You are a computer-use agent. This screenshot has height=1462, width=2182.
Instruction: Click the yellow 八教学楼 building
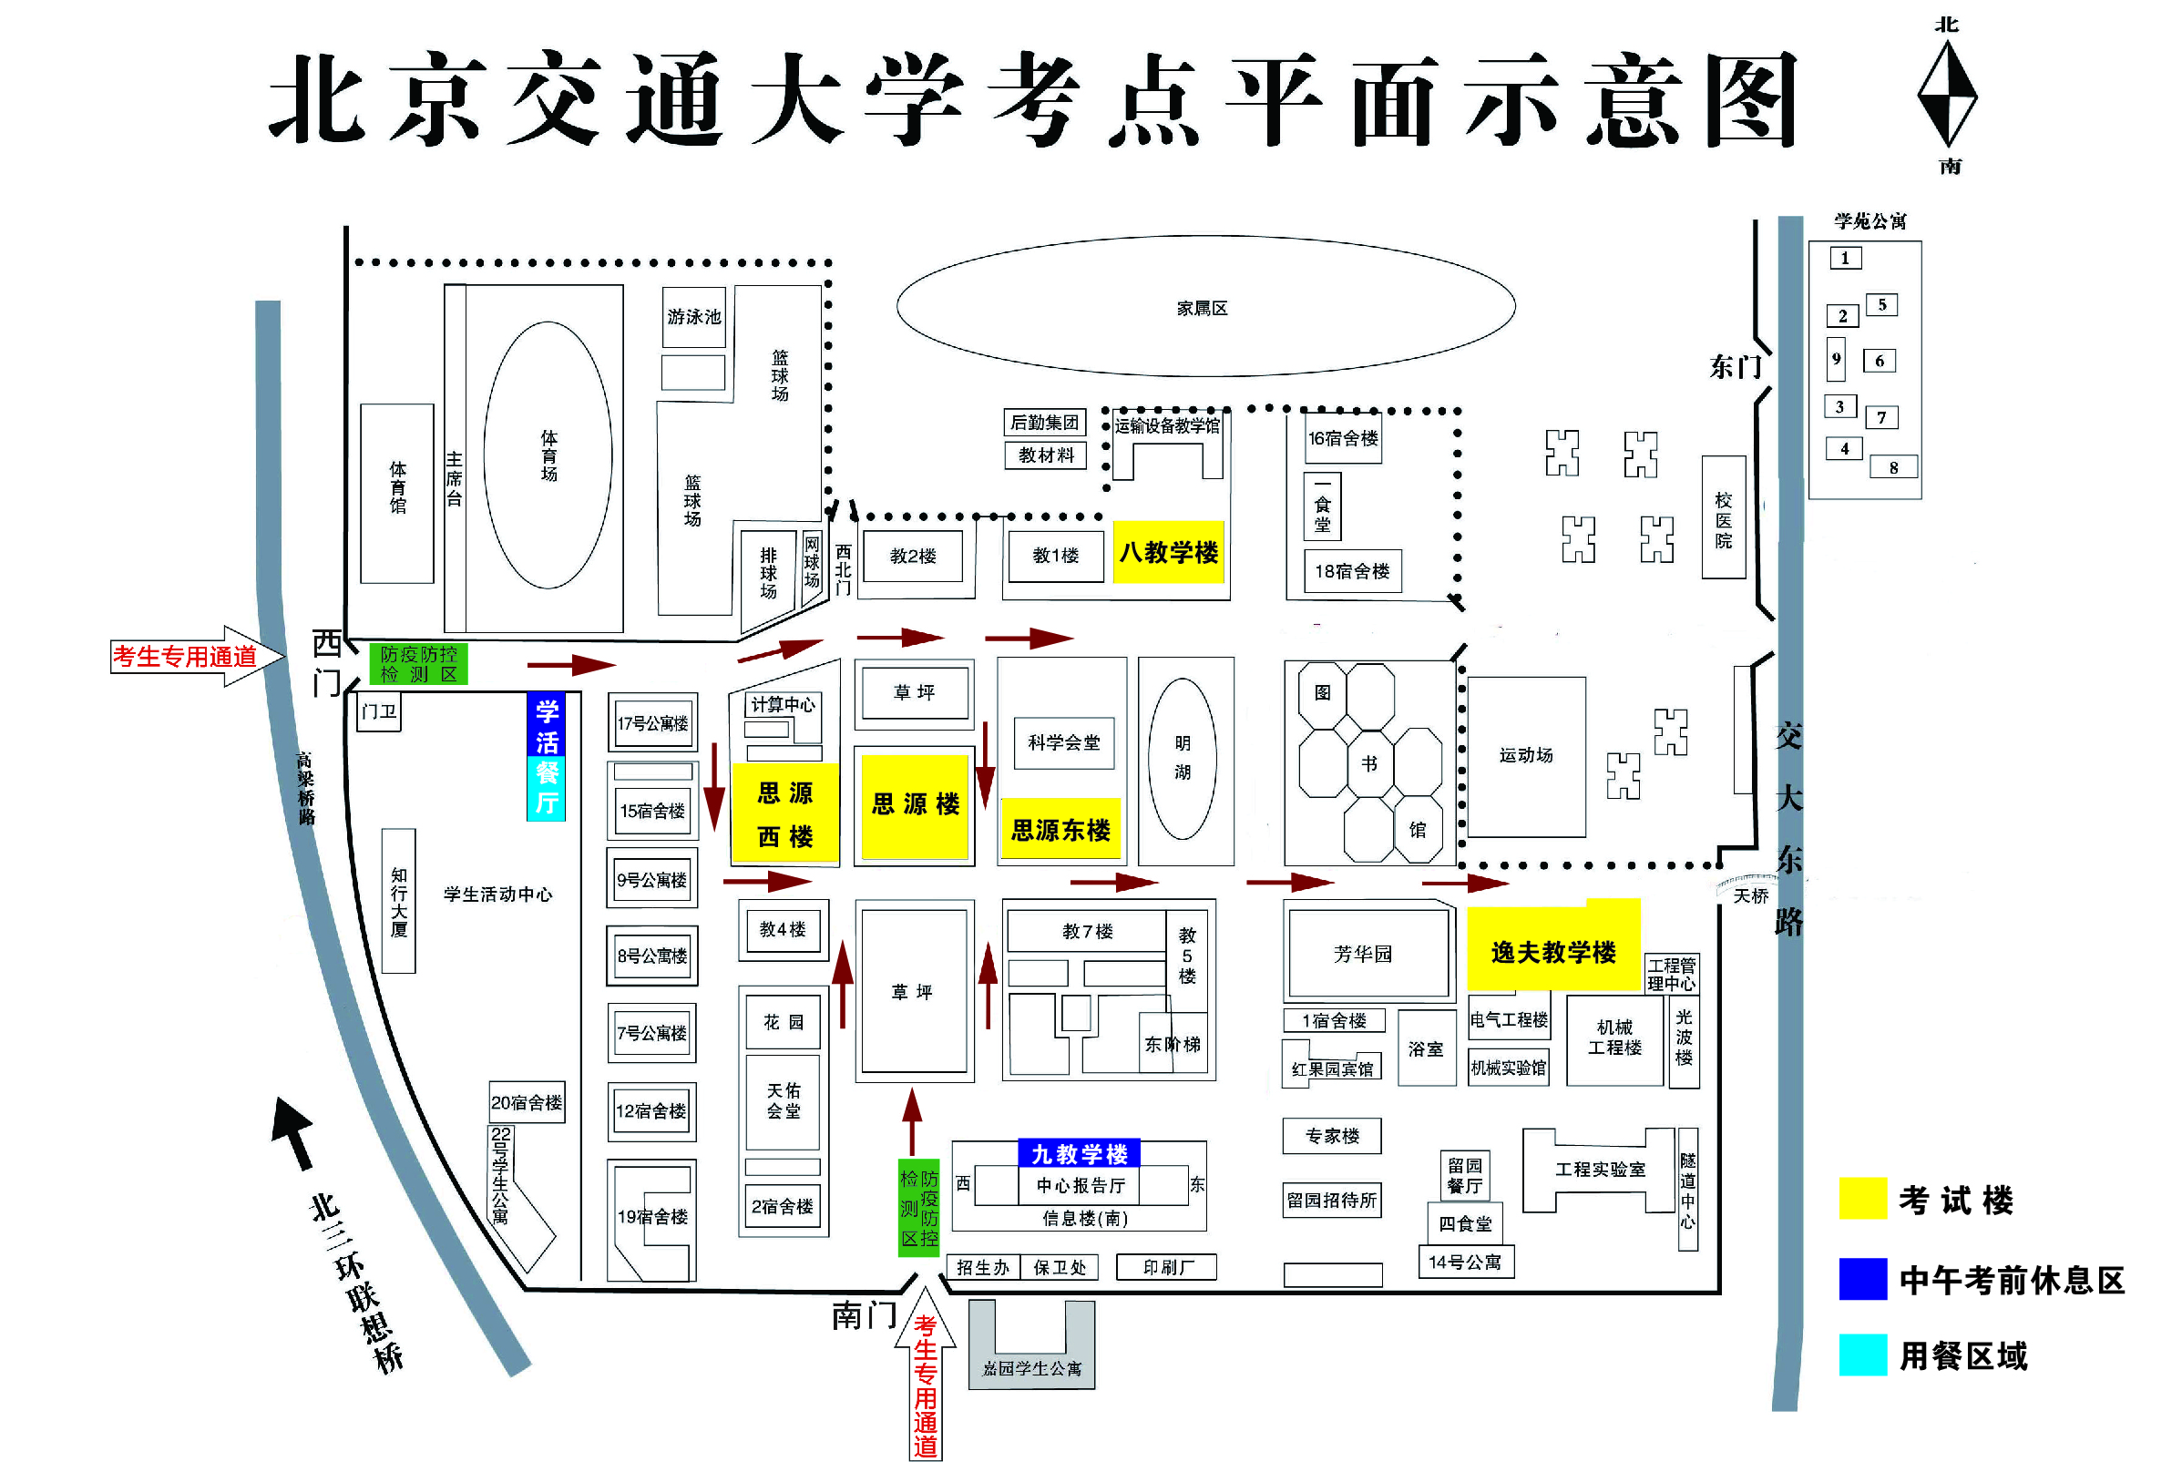coord(1167,552)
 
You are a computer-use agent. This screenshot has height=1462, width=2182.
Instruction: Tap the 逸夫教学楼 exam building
coord(1552,951)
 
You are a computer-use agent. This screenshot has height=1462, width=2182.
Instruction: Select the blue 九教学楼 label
coord(1079,1153)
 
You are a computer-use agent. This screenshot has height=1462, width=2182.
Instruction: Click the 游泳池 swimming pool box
coord(693,317)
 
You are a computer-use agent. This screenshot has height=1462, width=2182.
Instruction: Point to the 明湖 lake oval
coord(1183,758)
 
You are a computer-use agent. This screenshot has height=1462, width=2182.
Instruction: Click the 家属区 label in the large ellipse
coord(1202,309)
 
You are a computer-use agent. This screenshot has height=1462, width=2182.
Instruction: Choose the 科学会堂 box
coord(1064,743)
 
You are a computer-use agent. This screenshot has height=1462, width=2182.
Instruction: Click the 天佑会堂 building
coord(784,1101)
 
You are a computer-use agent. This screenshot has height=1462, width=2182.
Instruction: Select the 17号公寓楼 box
coord(652,722)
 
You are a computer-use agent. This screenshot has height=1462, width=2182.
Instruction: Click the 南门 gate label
coord(864,1315)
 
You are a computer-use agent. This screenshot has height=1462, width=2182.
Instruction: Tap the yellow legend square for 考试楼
coord(1862,1198)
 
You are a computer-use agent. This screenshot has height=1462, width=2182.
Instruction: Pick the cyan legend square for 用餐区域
coord(1862,1355)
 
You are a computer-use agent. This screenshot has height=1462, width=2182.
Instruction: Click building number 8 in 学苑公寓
coord(1893,467)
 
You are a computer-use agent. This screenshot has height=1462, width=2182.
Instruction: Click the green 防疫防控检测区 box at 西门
coord(419,664)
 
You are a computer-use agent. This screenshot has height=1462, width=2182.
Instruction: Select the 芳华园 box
coord(1363,954)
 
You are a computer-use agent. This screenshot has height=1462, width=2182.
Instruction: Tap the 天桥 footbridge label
coord(1750,896)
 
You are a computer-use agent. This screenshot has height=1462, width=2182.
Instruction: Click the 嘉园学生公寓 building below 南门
coord(1031,1367)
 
